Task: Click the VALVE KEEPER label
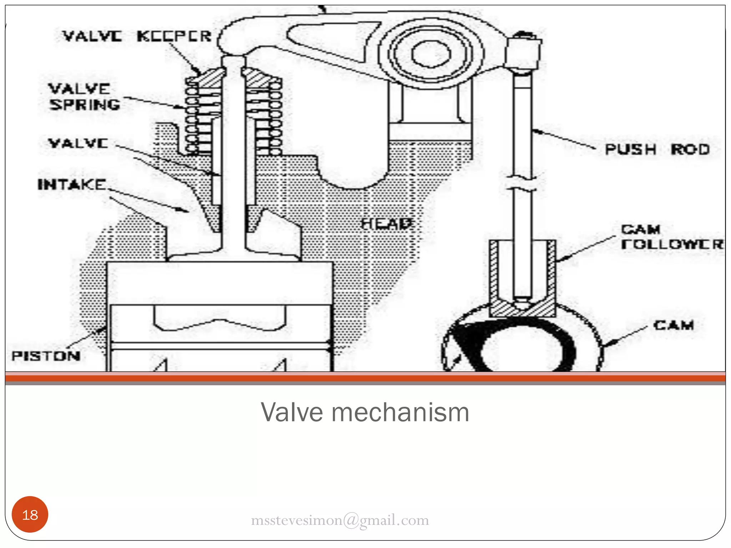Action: tap(137, 36)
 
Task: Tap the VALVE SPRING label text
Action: tap(84, 97)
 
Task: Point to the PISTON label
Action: tap(46, 356)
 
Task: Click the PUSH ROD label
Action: tap(657, 149)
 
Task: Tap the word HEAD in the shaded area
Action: tap(387, 224)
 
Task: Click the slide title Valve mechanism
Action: tap(365, 412)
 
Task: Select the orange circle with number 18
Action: tap(30, 514)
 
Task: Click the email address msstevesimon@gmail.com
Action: tap(340, 520)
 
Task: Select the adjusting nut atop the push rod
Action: tap(523, 52)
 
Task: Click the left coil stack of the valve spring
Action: tap(192, 118)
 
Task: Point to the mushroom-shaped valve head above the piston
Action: tap(234, 254)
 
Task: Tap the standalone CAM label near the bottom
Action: tap(674, 325)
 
